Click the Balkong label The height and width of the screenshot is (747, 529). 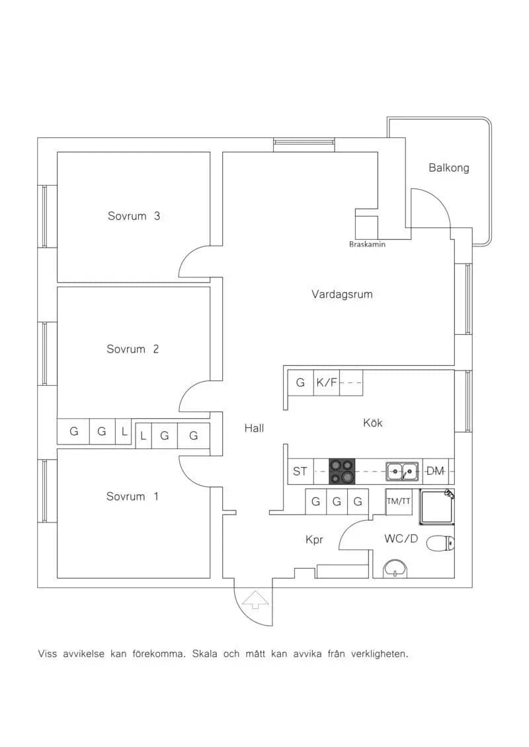click(448, 168)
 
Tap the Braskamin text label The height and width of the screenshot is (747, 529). click(367, 244)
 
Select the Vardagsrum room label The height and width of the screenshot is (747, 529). click(342, 295)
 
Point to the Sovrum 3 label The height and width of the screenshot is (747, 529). click(134, 216)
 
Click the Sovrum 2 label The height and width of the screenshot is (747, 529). click(133, 349)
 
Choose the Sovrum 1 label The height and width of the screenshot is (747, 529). click(132, 497)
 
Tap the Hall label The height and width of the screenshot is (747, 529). click(254, 428)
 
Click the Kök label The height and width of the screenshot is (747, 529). click(372, 423)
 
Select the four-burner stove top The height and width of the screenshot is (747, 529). click(342, 471)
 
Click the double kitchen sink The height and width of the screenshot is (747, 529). click(402, 471)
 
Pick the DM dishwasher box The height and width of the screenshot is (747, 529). click(436, 471)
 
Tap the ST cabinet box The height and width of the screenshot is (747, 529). click(300, 471)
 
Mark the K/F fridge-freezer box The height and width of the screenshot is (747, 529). click(327, 382)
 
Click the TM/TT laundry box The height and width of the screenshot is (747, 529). click(398, 501)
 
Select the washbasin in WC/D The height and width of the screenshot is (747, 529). click(395, 569)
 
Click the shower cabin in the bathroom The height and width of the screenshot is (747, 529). click(437, 507)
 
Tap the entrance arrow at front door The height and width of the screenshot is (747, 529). click(255, 600)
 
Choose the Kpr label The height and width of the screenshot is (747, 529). click(314, 540)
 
